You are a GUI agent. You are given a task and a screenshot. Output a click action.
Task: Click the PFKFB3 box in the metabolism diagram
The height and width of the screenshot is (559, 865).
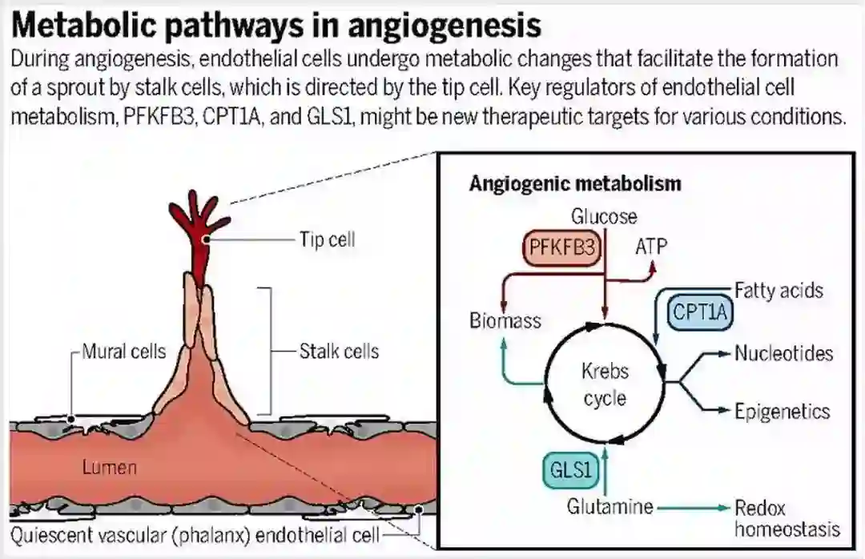pos(562,248)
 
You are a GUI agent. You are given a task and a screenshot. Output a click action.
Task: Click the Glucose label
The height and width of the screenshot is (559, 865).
pos(604,216)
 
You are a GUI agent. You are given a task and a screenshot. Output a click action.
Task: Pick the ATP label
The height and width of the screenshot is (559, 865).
pos(650,246)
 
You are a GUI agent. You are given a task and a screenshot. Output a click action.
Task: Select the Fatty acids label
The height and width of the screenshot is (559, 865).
pos(778,290)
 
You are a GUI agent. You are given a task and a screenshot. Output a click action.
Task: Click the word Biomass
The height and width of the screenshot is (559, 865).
pos(505,322)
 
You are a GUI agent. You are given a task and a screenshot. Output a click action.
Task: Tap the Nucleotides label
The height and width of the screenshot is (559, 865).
pos(783,353)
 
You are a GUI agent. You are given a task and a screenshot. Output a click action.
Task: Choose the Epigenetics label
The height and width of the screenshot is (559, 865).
pos(782,411)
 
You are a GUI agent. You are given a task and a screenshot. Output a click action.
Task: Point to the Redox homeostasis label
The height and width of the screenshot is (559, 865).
pos(787,518)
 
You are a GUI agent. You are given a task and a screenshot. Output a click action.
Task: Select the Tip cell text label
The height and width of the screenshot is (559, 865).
pos(327,239)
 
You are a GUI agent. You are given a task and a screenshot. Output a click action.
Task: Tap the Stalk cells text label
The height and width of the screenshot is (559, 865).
pos(339,351)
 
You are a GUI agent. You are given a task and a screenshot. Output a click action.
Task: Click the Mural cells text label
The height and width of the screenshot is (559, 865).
pos(124,351)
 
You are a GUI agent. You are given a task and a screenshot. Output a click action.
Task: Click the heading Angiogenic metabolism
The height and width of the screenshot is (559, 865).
pos(574,183)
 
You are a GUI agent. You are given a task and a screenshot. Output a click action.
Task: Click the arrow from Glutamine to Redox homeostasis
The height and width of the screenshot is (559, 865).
pos(692,507)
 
